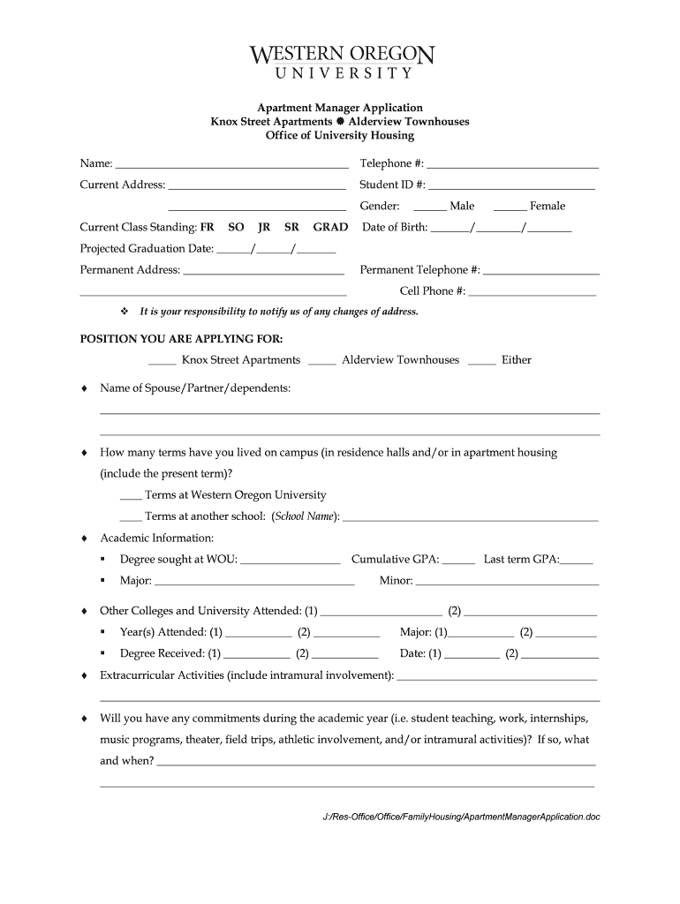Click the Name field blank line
(231, 165)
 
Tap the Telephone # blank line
(512, 165)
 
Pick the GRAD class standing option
(330, 228)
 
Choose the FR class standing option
(208, 228)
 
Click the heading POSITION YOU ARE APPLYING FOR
(182, 339)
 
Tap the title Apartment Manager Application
(339, 108)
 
